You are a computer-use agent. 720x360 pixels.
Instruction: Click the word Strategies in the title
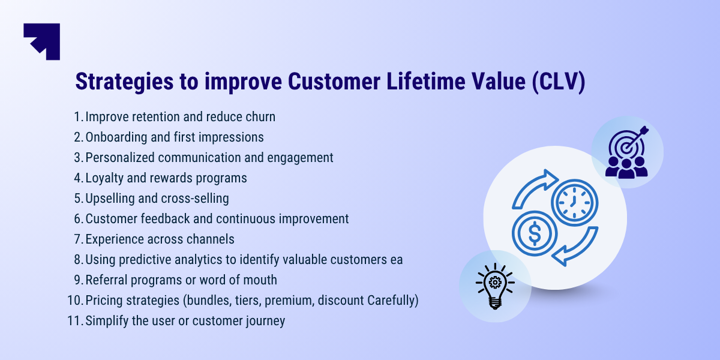(x=124, y=82)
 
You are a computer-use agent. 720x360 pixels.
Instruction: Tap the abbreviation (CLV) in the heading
(x=559, y=82)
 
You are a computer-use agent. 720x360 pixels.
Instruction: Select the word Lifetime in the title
(x=426, y=81)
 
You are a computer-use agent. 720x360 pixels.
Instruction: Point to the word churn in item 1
(x=260, y=116)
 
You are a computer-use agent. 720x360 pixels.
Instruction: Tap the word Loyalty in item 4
(x=104, y=178)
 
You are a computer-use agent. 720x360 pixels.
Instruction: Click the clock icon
(x=574, y=203)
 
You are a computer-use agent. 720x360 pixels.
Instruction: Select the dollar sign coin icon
(x=535, y=233)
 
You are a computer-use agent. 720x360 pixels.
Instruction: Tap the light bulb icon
(x=495, y=286)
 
